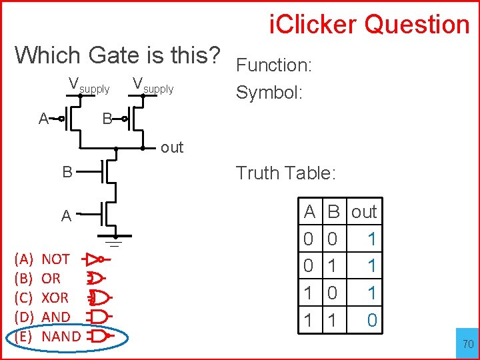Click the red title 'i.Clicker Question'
point(369,25)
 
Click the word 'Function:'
point(275,65)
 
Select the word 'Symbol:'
point(269,92)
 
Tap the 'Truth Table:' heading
point(286,173)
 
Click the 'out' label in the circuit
point(171,148)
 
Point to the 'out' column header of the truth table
point(364,212)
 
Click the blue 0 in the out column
point(372,321)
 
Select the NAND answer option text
point(61,337)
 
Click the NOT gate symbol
point(97,259)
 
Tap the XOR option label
point(55,298)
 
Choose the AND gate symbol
point(99,317)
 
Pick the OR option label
point(51,279)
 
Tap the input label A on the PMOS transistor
point(43,119)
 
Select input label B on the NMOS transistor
point(67,172)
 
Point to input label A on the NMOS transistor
point(66,216)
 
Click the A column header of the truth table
point(309,212)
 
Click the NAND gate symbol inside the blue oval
point(100,337)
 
